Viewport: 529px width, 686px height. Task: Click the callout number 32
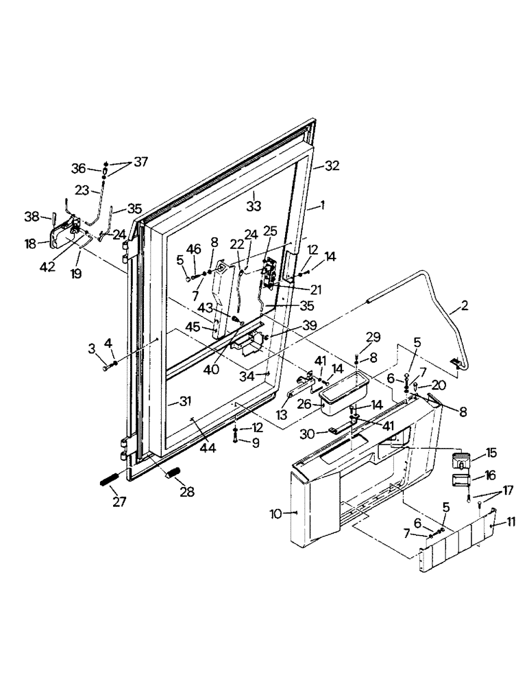point(332,165)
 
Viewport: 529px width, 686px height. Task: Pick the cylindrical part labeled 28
point(171,474)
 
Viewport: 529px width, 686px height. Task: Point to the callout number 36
point(79,167)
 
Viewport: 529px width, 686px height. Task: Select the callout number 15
point(493,454)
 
